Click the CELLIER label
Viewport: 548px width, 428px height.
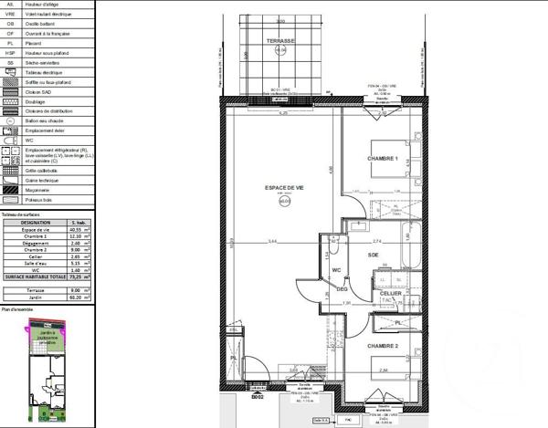pos(391,293)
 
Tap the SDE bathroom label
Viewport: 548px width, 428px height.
pos(374,256)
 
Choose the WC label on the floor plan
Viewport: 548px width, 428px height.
pos(336,270)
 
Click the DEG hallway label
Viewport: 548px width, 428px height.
pos(342,289)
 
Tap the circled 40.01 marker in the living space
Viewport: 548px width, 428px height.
pos(285,202)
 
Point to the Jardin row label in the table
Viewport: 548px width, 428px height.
pos(36,296)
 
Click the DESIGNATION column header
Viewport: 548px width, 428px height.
pos(36,222)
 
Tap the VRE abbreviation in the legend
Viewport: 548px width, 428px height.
pos(11,14)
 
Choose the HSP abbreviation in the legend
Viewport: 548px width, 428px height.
pos(11,52)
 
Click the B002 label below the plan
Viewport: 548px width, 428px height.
pos(258,398)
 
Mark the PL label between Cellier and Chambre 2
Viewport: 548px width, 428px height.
pos(399,322)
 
